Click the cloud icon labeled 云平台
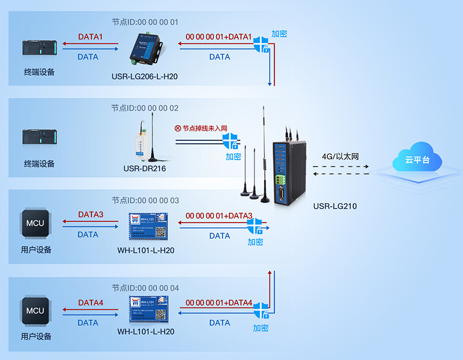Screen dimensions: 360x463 point(416,158)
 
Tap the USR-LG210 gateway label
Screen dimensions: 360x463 point(335,206)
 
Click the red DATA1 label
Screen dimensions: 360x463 point(90,37)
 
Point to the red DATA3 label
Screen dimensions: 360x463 point(90,215)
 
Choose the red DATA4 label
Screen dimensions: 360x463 point(90,303)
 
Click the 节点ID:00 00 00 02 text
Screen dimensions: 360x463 point(145,108)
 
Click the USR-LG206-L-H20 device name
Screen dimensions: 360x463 point(145,76)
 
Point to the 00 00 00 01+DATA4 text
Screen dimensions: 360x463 point(219,303)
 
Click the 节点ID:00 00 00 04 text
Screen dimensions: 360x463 point(145,288)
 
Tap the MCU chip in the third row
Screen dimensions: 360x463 point(35,223)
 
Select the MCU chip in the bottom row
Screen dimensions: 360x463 point(35,310)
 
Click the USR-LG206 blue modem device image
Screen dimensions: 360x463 point(146,48)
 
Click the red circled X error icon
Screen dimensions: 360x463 point(178,128)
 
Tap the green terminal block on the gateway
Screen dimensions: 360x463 point(285,175)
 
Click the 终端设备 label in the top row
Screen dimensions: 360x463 point(39,73)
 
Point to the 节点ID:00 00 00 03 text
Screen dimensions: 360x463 point(145,200)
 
